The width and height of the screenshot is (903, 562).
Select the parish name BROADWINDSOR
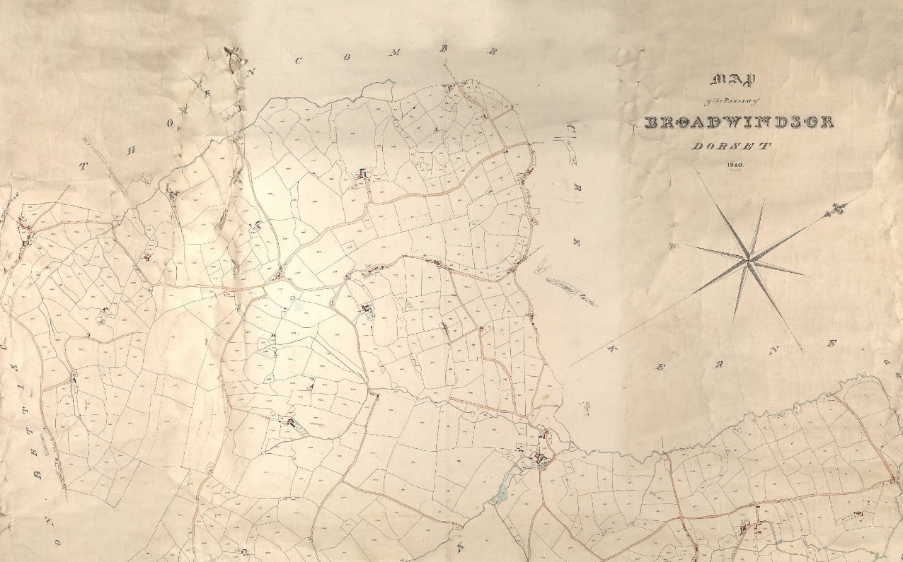point(739,122)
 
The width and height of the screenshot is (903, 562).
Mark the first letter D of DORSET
point(696,146)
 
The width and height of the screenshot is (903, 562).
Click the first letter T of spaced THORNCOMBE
point(84,167)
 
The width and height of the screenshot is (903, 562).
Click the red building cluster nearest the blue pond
point(541,460)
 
